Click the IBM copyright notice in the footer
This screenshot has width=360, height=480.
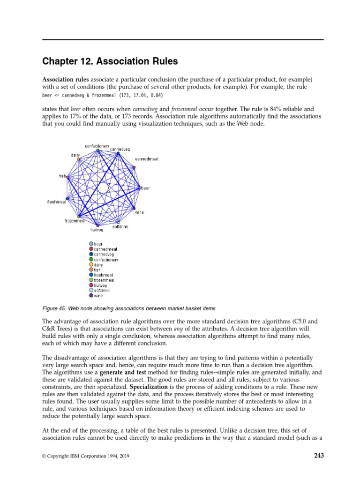tap(87, 456)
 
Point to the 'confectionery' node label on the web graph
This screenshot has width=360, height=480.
tap(97, 146)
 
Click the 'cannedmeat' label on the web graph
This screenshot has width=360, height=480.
tap(146, 159)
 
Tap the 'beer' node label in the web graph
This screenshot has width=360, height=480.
tap(145, 188)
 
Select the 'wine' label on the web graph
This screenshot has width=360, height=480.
tap(139, 212)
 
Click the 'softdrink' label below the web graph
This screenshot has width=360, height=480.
tap(120, 226)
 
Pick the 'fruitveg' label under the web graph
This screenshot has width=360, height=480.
tap(97, 230)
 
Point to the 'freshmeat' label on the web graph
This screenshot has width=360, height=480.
tap(56, 202)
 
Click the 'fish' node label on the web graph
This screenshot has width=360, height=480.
tap(62, 176)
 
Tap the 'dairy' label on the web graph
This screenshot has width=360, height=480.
tap(75, 155)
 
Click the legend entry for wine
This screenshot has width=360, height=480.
tap(98, 296)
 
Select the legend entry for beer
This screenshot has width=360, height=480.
tap(98, 244)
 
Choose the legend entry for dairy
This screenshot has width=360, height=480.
tap(99, 265)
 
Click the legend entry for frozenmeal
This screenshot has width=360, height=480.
tap(104, 280)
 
